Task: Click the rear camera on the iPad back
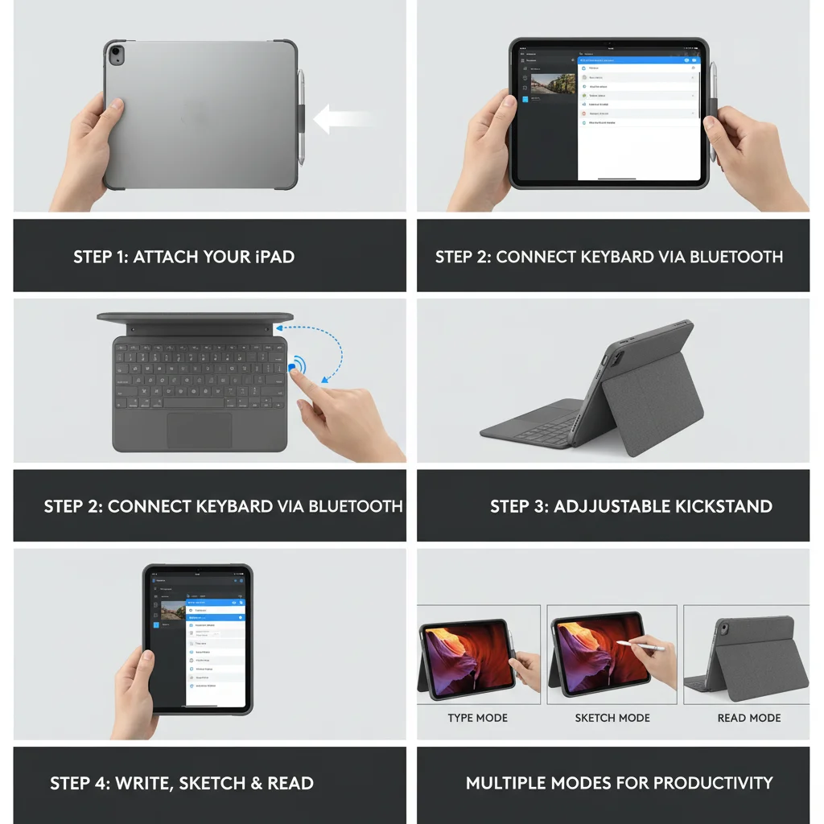tap(117, 55)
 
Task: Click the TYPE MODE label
tap(478, 718)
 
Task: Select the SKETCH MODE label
tap(612, 718)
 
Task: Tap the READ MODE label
tap(749, 718)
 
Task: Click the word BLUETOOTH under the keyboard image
tap(355, 506)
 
